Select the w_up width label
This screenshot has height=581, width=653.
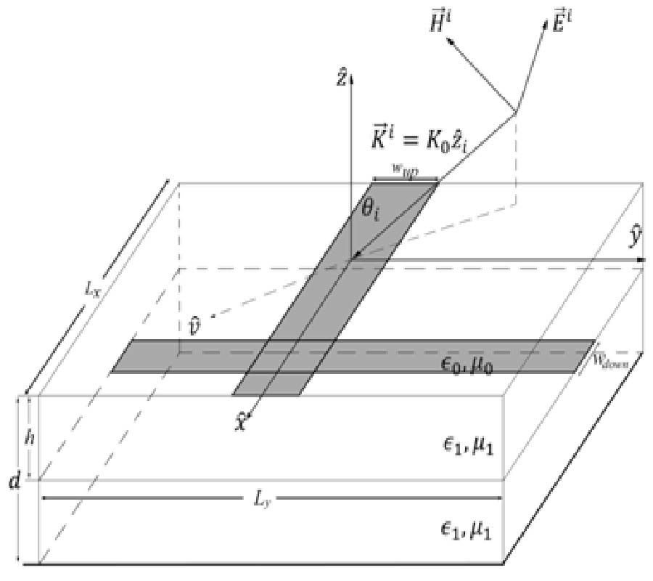coord(404,169)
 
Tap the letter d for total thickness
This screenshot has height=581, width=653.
coord(12,481)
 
